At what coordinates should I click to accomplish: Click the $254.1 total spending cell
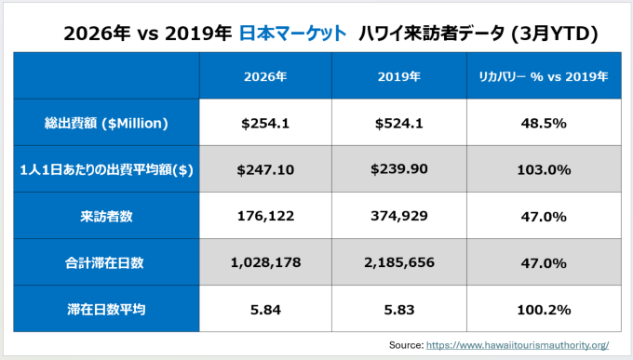[265, 123]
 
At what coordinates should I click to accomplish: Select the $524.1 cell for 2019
[398, 123]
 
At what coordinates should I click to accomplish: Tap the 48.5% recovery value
[544, 123]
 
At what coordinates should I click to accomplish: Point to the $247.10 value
[265, 169]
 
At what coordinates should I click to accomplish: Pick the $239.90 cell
[398, 168]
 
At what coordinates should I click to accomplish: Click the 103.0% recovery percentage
[544, 169]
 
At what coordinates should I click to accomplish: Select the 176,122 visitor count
[265, 216]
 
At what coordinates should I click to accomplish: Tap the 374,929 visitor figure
[398, 216]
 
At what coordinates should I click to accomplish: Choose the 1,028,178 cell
[265, 262]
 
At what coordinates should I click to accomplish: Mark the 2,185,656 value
[398, 262]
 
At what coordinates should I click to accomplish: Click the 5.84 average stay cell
[265, 310]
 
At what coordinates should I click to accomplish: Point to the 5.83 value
[398, 310]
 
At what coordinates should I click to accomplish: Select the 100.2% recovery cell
[544, 310]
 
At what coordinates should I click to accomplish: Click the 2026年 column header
[265, 76]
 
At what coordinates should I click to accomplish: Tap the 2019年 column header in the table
[398, 76]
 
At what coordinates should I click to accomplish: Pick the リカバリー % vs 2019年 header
[544, 76]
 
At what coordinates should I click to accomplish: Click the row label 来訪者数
[106, 217]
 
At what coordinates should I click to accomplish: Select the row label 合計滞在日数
[104, 263]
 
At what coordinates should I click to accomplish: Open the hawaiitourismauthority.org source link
[518, 345]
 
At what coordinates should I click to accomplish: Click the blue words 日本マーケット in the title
[292, 33]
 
